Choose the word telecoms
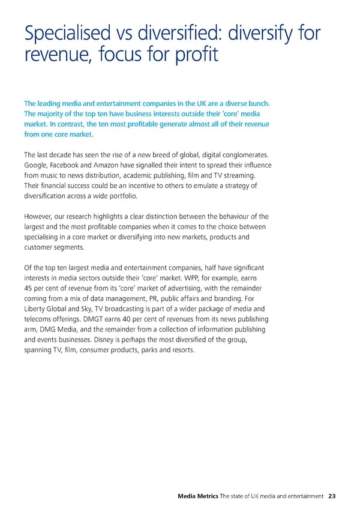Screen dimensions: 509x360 pos(43,319)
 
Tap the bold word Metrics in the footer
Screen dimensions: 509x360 pos(206,479)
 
